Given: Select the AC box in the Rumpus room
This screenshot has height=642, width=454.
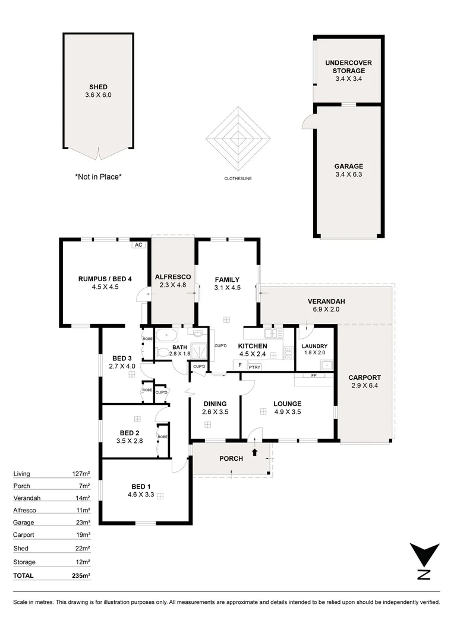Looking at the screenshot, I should (138, 244).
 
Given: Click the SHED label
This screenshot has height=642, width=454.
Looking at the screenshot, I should (98, 87).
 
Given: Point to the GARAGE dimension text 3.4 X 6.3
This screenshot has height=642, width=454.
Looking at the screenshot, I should (348, 175).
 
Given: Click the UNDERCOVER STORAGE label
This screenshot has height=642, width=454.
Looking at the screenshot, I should (349, 67).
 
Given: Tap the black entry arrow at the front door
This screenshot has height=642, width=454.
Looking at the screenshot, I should (255, 452).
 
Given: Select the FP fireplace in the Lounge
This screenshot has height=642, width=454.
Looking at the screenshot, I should (313, 376).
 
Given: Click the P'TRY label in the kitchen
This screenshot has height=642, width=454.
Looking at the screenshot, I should (254, 367).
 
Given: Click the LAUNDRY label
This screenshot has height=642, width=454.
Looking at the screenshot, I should (314, 346).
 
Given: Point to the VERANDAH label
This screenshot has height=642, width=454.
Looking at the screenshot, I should (326, 301).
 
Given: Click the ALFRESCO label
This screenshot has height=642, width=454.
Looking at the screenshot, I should (172, 277).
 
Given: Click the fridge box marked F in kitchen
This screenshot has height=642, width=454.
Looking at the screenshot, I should (239, 365).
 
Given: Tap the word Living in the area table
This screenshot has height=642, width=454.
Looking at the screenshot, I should (21, 474).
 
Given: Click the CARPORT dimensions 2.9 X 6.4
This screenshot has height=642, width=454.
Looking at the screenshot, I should (365, 386).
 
